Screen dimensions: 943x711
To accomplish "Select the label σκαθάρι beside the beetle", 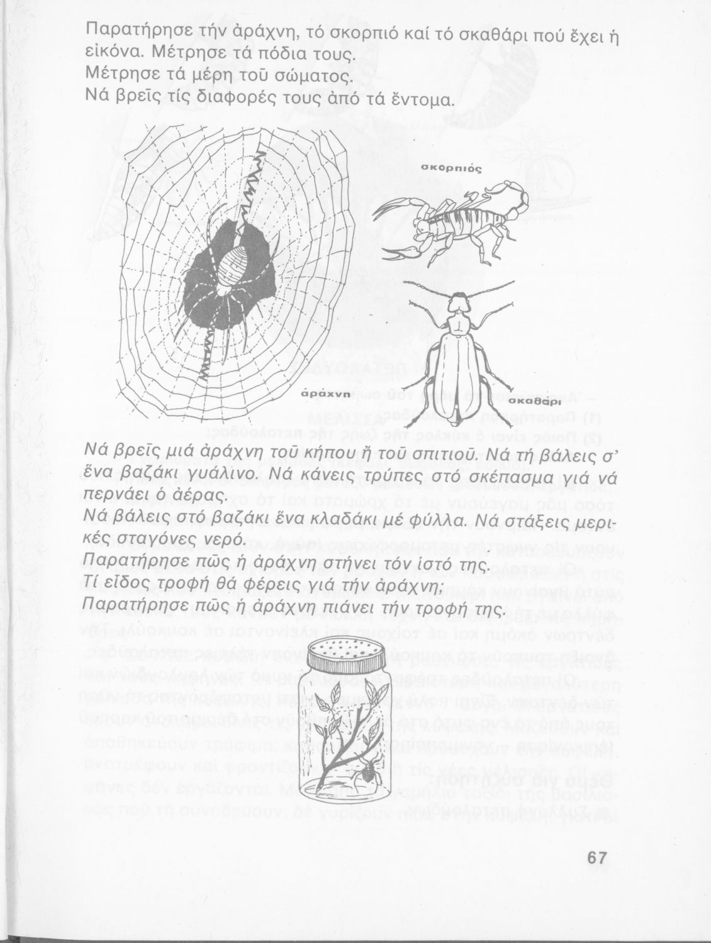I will pyautogui.click(x=534, y=400).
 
